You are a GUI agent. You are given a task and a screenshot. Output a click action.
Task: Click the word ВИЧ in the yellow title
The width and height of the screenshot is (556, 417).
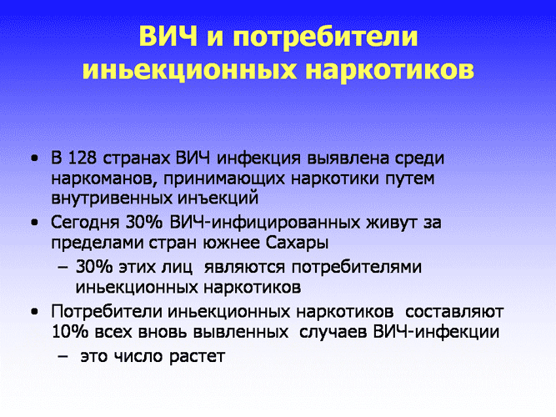(x=168, y=36)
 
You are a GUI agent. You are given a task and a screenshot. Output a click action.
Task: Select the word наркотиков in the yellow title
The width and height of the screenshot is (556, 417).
(x=389, y=69)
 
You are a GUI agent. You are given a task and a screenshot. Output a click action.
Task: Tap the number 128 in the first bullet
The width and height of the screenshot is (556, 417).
(x=82, y=158)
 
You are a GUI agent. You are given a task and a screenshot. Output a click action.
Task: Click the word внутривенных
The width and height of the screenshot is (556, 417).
(x=111, y=198)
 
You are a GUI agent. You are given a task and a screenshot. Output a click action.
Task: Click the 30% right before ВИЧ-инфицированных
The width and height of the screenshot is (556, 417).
(x=143, y=223)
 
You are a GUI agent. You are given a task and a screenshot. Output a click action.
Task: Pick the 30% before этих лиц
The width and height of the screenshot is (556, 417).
(x=93, y=267)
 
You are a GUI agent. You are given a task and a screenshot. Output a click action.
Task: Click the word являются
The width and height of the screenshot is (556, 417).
(x=244, y=267)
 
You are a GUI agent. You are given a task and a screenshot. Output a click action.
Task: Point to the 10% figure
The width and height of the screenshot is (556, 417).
(x=70, y=332)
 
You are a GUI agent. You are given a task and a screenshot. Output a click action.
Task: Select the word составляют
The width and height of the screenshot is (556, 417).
(x=454, y=312)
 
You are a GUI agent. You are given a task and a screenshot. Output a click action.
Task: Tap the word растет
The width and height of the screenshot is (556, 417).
(x=198, y=356)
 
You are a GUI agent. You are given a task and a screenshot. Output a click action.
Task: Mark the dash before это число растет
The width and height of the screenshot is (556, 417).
(x=63, y=356)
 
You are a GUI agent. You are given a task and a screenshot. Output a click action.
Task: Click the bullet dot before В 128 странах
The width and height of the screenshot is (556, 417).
(x=34, y=158)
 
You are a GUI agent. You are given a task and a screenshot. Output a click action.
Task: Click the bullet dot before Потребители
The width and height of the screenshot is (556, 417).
(x=34, y=312)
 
